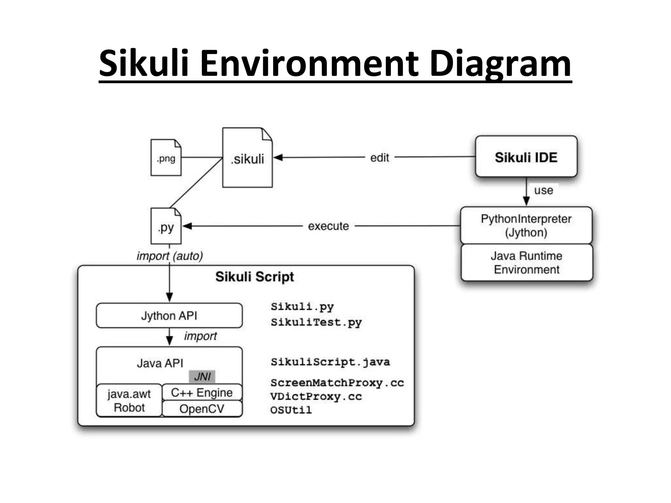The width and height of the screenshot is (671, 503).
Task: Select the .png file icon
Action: click(x=166, y=158)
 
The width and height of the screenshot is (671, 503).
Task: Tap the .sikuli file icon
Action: click(x=247, y=158)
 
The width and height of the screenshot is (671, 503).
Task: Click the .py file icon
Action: click(x=166, y=227)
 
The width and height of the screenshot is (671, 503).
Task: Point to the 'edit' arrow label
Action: click(x=379, y=158)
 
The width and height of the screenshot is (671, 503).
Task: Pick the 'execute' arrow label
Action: click(x=328, y=226)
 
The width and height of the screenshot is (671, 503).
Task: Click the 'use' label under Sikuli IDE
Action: click(x=543, y=190)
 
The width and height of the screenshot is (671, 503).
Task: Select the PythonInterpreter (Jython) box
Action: click(x=526, y=225)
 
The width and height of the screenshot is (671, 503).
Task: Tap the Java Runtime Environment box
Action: click(x=527, y=263)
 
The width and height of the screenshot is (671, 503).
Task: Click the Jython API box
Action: click(x=169, y=316)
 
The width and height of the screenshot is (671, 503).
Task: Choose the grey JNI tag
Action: click(x=202, y=377)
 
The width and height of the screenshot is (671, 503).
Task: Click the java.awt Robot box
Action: click(x=129, y=401)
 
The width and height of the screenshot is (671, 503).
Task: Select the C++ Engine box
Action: click(x=202, y=392)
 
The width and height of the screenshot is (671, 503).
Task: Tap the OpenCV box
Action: click(x=202, y=409)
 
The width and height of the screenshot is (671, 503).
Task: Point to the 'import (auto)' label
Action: click(x=170, y=256)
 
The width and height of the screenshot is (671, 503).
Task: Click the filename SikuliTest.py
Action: click(x=316, y=322)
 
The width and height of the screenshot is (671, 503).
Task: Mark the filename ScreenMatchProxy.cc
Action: click(x=337, y=383)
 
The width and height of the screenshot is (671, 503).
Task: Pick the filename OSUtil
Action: click(x=291, y=410)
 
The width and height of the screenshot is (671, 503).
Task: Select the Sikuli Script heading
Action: click(x=255, y=277)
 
